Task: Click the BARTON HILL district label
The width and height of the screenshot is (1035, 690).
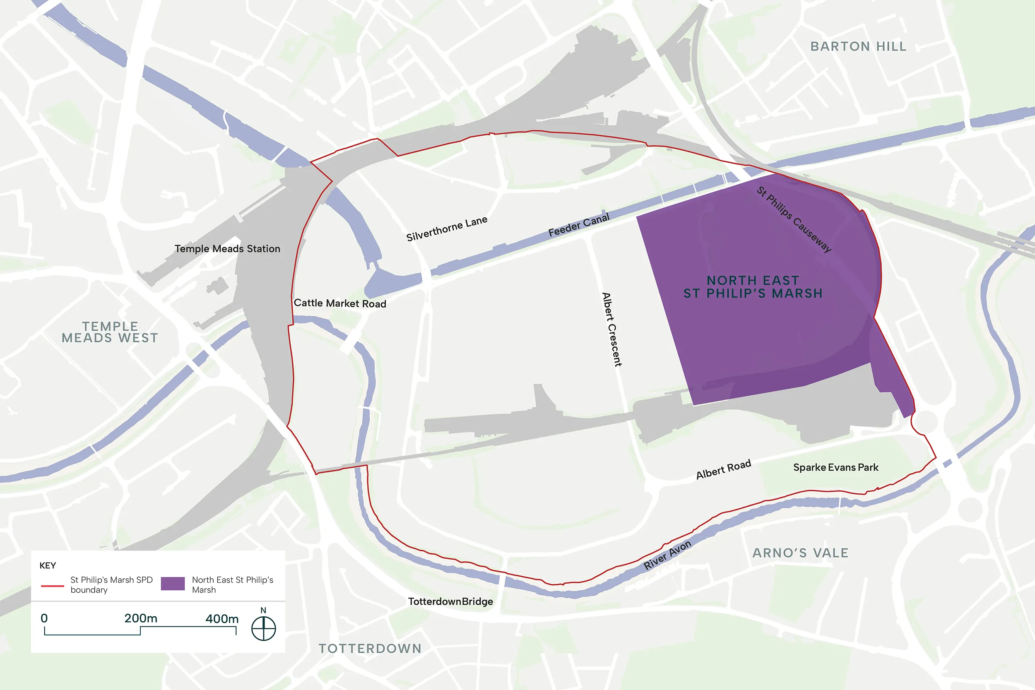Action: (x=858, y=46)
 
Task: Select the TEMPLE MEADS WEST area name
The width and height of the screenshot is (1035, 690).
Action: (x=110, y=332)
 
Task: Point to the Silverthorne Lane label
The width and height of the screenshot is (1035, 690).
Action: (x=447, y=228)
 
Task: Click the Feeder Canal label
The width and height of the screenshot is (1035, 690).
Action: (x=579, y=225)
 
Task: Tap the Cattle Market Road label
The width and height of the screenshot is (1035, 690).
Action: (x=340, y=303)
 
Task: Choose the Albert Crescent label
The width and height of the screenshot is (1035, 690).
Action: (x=611, y=329)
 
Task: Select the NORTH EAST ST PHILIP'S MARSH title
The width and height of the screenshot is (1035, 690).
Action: (x=753, y=287)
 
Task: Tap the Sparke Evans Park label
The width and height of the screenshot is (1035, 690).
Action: (x=835, y=467)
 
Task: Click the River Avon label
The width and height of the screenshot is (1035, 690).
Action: (x=667, y=555)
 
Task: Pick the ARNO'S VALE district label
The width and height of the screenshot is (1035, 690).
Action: (x=800, y=553)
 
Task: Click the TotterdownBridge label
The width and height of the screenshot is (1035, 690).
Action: (x=450, y=601)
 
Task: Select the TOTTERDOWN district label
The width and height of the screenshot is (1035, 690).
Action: (x=370, y=649)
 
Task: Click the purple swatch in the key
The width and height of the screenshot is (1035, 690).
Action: (x=173, y=584)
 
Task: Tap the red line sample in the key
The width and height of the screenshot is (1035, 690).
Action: (x=52, y=586)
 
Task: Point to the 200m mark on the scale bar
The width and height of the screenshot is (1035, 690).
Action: (x=140, y=619)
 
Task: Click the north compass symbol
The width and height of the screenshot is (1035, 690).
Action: (x=264, y=628)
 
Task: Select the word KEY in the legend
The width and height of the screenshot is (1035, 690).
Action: (x=48, y=565)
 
